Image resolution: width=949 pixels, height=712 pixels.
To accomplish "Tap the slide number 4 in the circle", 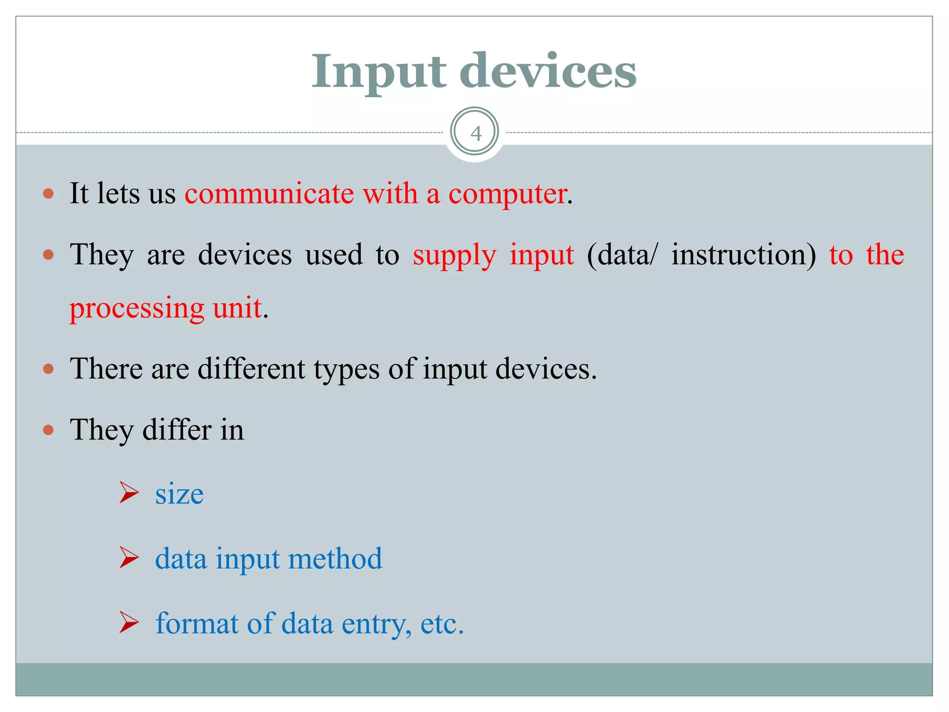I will (x=475, y=133).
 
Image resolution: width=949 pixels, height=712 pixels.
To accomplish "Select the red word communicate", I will (x=269, y=194).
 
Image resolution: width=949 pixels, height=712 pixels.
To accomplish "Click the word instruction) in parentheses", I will (x=743, y=255).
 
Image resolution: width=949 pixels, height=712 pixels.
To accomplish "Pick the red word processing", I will (x=137, y=308).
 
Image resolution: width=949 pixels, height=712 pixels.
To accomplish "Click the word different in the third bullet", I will (x=252, y=369).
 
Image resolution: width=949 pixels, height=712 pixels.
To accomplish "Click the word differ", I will (x=177, y=430).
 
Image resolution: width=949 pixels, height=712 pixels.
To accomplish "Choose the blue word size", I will (x=179, y=494).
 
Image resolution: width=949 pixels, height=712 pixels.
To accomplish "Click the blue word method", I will (x=335, y=559).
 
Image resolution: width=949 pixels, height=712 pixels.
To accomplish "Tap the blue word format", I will (x=196, y=623).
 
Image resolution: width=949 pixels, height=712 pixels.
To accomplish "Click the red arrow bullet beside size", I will (x=128, y=492).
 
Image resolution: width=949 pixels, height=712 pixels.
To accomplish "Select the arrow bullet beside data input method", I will (x=128, y=557).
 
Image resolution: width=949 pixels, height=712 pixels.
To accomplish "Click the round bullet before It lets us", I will (x=48, y=193).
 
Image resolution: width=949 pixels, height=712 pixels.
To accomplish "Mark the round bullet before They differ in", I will (x=48, y=430).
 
